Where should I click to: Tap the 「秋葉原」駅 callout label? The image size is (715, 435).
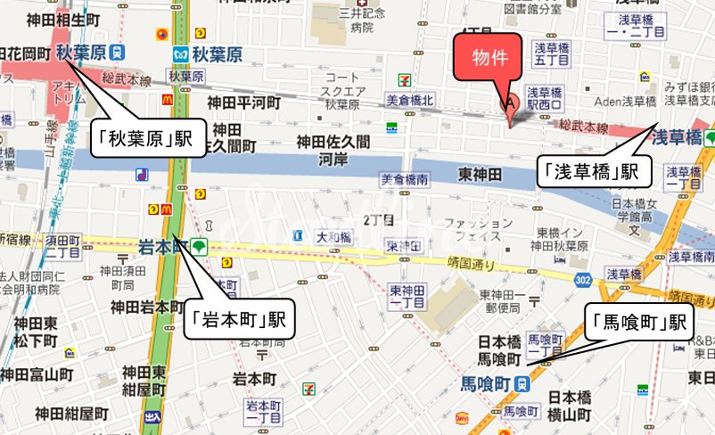point(145,138)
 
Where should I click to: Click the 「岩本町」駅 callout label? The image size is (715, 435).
point(238,318)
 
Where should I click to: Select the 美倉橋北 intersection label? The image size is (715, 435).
point(409,100)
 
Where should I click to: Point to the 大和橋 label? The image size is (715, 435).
point(334,237)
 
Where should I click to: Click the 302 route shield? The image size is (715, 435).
point(582,281)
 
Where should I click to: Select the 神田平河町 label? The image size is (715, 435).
point(243,103)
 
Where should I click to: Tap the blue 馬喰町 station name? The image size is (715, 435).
point(484,383)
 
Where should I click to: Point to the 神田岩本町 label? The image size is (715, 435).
point(148,307)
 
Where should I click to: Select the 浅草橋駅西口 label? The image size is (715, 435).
point(546,98)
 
